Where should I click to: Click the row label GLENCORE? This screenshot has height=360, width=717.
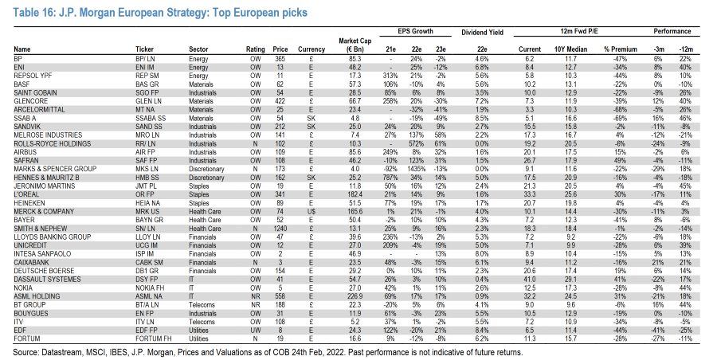click(x=29, y=101)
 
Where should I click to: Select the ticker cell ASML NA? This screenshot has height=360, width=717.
click(x=149, y=296)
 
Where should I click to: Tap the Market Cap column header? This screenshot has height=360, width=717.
click(x=355, y=45)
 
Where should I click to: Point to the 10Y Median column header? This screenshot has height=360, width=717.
click(x=570, y=49)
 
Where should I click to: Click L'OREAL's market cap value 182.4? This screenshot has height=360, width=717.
click(x=355, y=194)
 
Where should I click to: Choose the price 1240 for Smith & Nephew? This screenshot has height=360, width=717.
click(x=280, y=229)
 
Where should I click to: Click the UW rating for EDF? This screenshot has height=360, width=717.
click(x=255, y=331)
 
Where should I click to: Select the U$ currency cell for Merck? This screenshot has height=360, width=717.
click(x=311, y=211)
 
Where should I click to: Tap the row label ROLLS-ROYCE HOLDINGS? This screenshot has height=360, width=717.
click(x=52, y=143)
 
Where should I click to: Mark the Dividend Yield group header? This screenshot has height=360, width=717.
click(x=482, y=33)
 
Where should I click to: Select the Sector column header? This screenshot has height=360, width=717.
click(x=198, y=49)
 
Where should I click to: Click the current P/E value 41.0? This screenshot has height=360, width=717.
click(x=530, y=280)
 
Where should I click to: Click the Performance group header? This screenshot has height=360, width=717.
click(x=672, y=31)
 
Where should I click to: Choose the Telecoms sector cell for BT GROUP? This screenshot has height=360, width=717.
click(x=202, y=305)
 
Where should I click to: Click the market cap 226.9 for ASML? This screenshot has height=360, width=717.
click(x=355, y=296)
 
